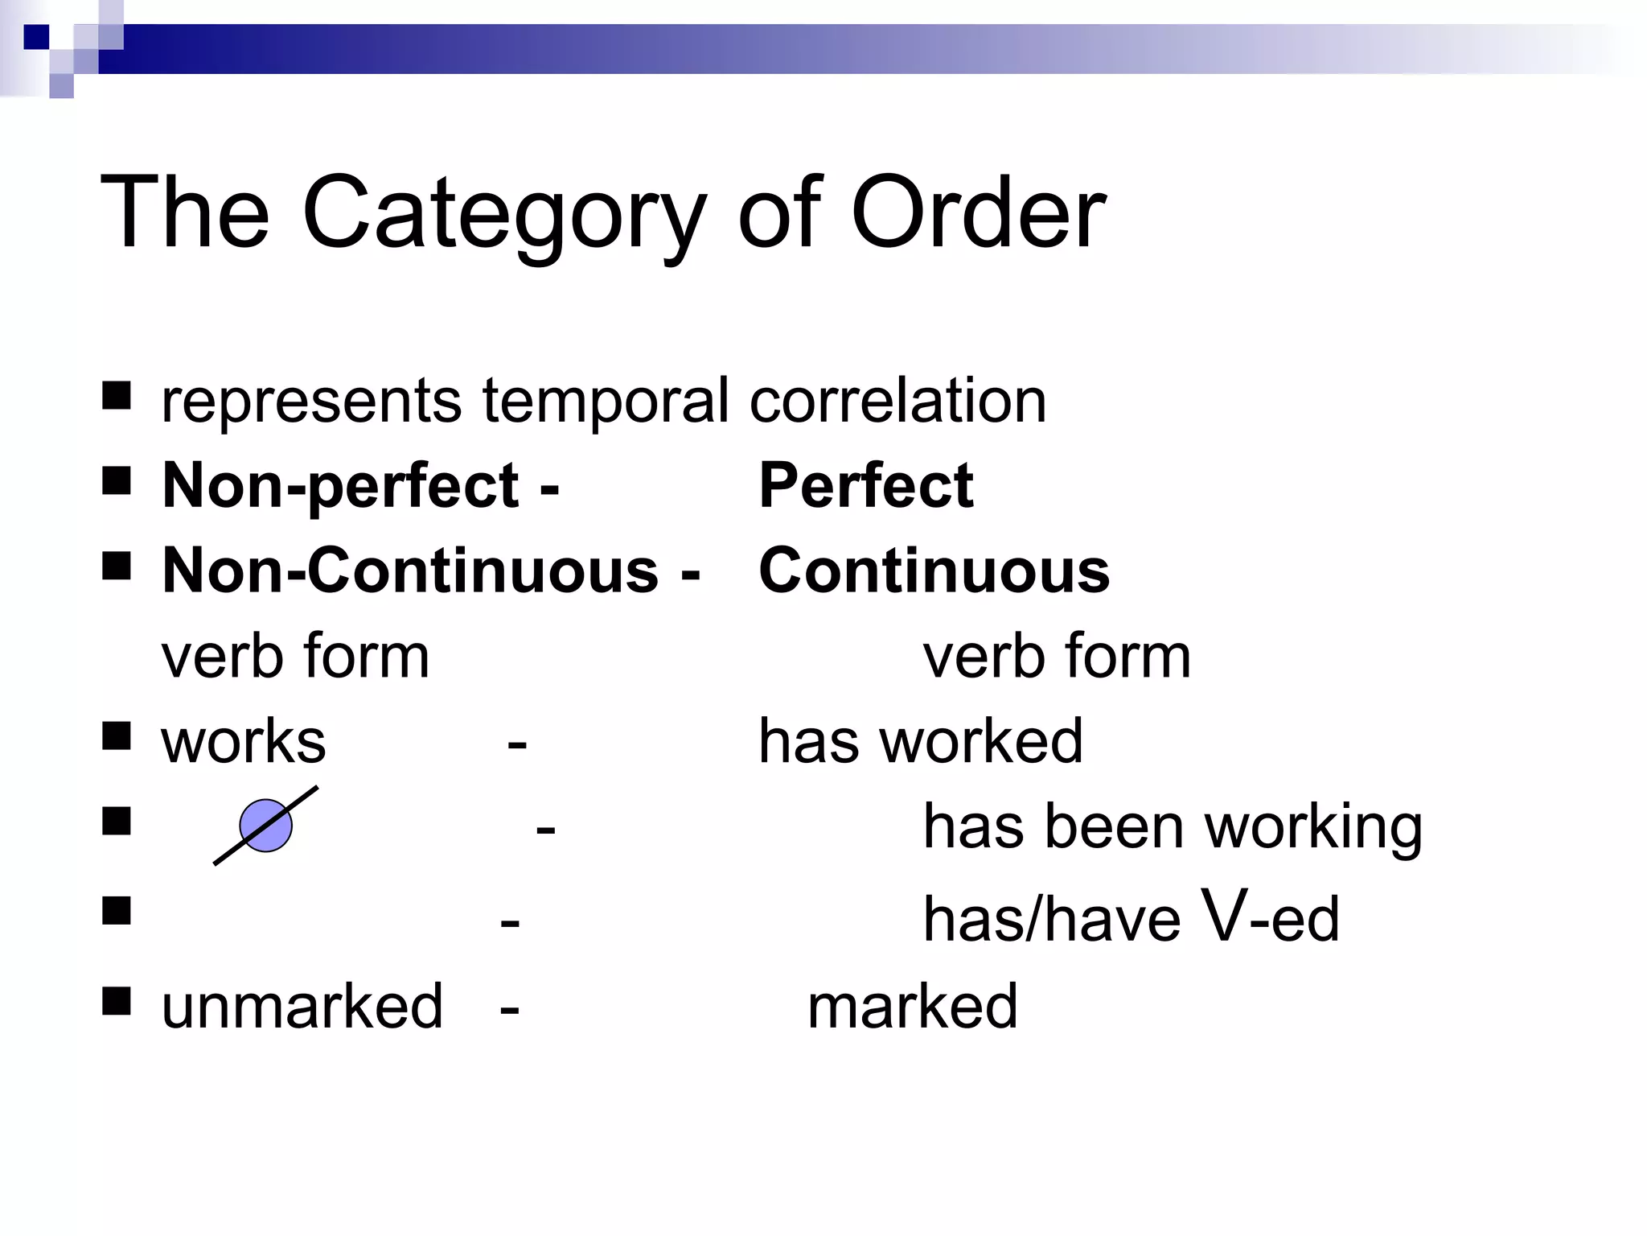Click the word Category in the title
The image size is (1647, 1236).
coord(503,214)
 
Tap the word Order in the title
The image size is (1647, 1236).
coord(978,214)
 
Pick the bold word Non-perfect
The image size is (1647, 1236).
coord(341,486)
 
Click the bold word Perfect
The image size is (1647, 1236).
coord(865,486)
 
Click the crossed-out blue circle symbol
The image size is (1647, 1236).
coord(266,826)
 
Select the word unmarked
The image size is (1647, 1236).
coord(302,1007)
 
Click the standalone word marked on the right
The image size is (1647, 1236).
coord(912,1007)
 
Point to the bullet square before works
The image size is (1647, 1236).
coord(117,735)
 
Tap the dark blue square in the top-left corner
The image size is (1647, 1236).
coord(36,37)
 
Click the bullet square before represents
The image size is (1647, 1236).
coord(117,396)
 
